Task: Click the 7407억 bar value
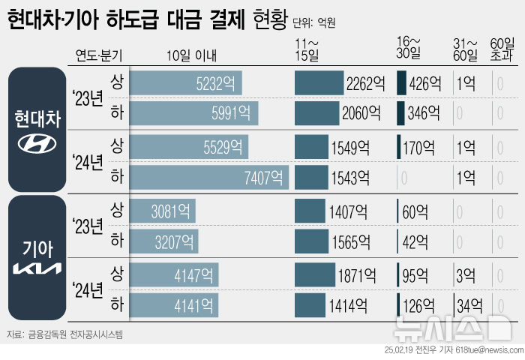(265, 178)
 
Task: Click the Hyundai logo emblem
(37, 145)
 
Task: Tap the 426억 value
(425, 82)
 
